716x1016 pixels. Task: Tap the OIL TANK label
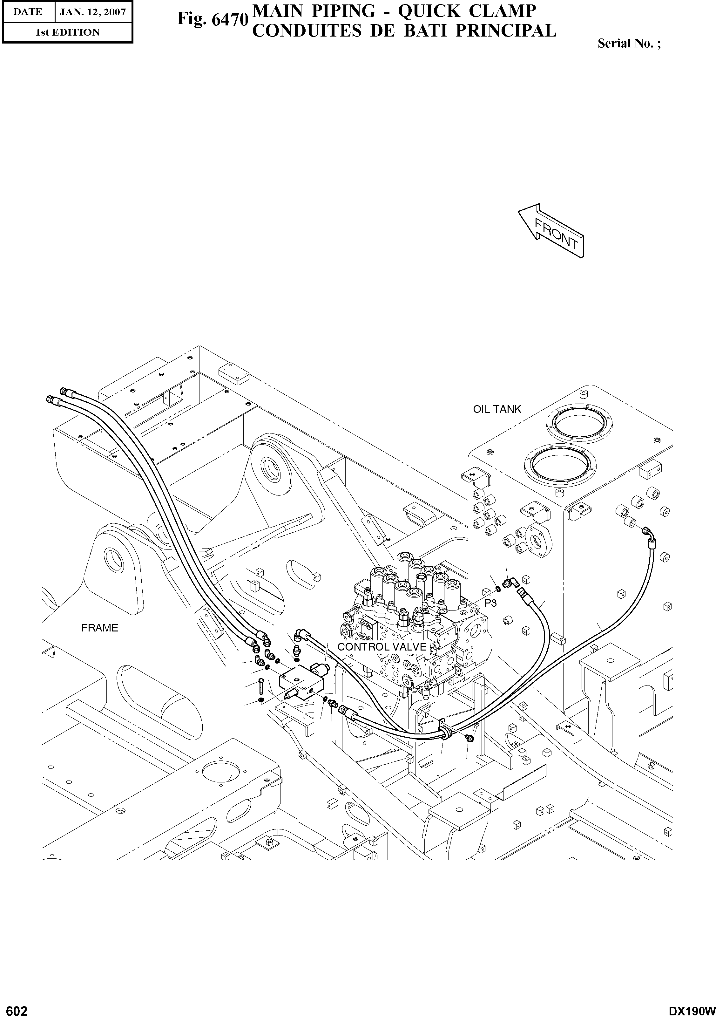(497, 409)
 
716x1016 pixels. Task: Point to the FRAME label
(99, 628)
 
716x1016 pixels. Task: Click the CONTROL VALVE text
(382, 647)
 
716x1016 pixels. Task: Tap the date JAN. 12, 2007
(93, 12)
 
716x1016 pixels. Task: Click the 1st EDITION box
(67, 32)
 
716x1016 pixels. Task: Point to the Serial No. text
(628, 43)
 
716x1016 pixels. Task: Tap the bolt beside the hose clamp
(469, 738)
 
